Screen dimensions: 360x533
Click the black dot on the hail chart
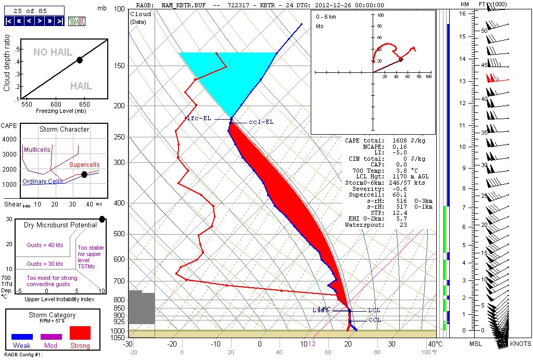click(x=80, y=60)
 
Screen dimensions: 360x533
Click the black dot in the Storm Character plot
click(x=84, y=174)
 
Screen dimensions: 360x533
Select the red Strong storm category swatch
click(x=80, y=333)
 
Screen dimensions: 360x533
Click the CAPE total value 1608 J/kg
click(x=408, y=140)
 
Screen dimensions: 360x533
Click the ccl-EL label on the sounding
click(x=261, y=122)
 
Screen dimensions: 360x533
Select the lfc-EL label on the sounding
click(x=199, y=118)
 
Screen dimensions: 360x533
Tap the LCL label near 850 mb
click(x=374, y=311)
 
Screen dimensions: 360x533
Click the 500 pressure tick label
click(x=119, y=234)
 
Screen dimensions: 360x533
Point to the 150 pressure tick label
click(x=119, y=66)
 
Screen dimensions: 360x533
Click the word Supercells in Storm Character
click(x=84, y=164)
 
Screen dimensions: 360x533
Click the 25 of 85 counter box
click(x=34, y=10)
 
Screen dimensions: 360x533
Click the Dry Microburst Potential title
click(x=60, y=225)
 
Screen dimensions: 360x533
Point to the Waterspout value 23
click(x=403, y=225)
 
